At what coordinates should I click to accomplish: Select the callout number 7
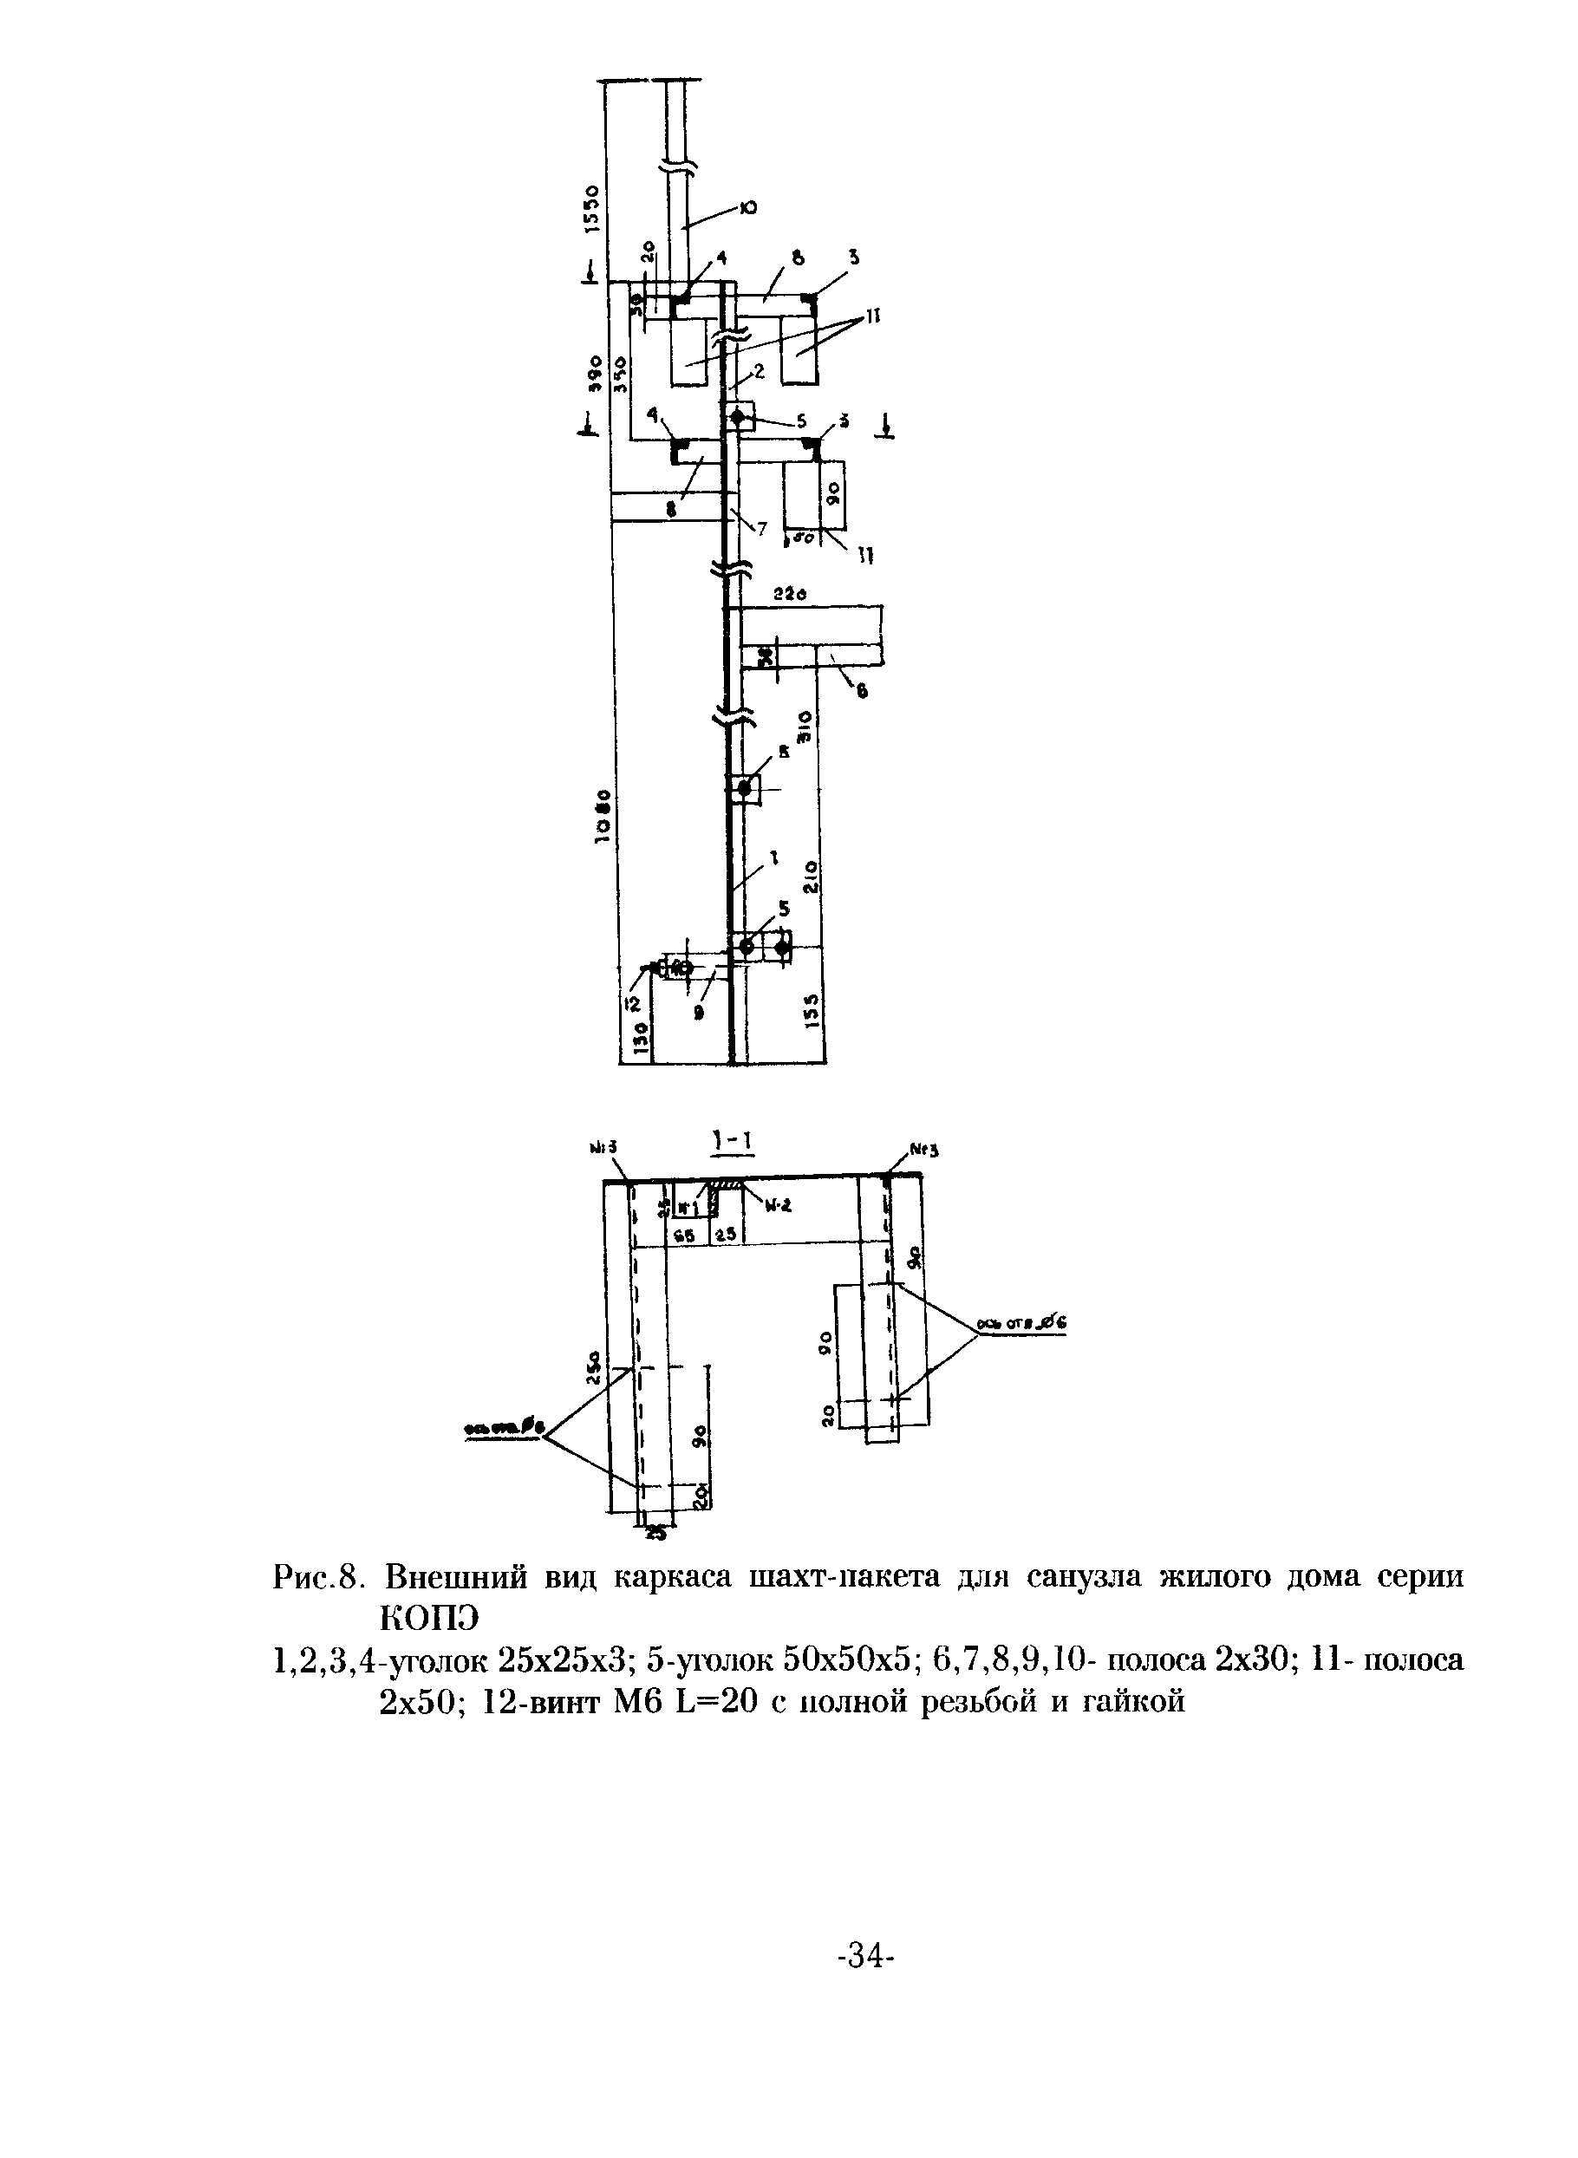point(761,528)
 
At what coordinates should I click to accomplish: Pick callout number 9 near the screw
point(699,1014)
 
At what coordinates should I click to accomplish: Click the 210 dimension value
point(811,876)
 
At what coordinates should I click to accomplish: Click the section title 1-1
point(731,1142)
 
